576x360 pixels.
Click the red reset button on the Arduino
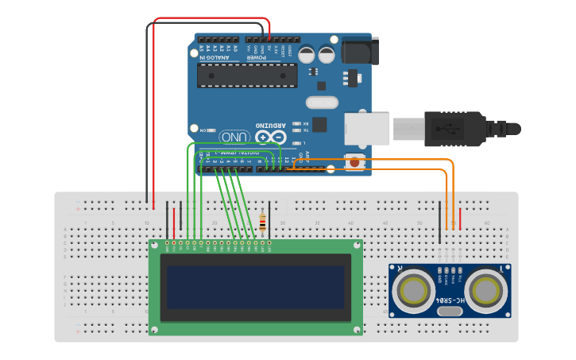pyautogui.click(x=354, y=162)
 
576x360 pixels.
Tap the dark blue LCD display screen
pyautogui.click(x=255, y=287)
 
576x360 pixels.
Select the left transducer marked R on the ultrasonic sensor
pyautogui.click(x=414, y=291)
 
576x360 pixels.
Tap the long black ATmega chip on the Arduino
pyautogui.click(x=247, y=75)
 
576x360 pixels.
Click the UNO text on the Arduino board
pyautogui.click(x=234, y=137)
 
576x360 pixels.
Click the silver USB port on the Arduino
pyautogui.click(x=366, y=130)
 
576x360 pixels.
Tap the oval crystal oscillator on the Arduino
pyautogui.click(x=322, y=102)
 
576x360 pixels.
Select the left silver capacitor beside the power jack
pyautogui.click(x=308, y=55)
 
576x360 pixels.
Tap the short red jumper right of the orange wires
pyautogui.click(x=460, y=214)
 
